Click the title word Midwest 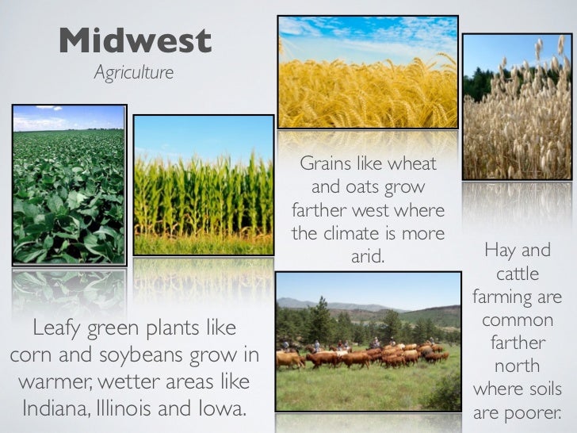point(135,41)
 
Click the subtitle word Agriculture point(133,73)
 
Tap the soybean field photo point(69,184)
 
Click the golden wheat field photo point(368,72)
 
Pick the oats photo point(515,106)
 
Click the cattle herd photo point(368,341)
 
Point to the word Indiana point(58,409)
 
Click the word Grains point(326,164)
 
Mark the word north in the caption point(517,366)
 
